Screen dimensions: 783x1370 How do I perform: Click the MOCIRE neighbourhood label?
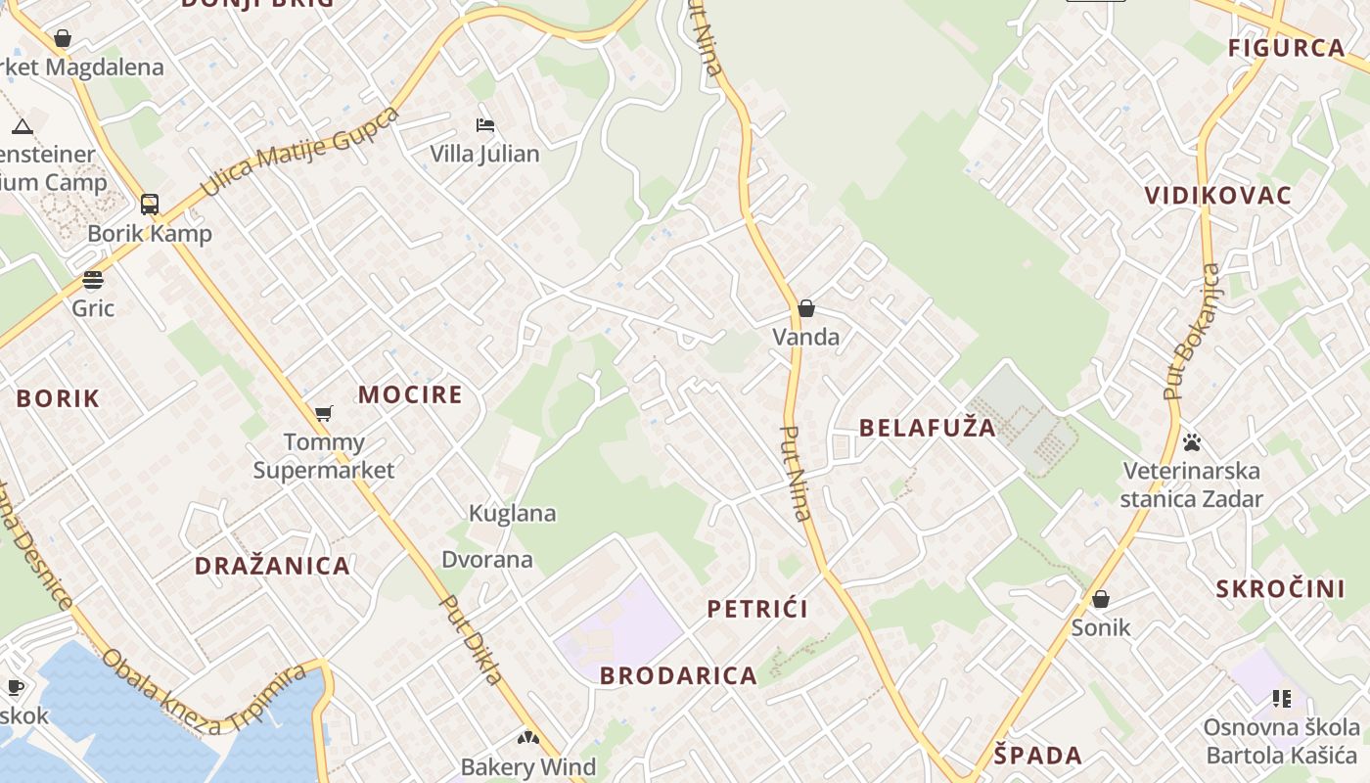coord(410,394)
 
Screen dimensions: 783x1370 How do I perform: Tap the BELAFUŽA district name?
coord(927,428)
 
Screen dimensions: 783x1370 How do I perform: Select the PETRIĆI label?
coord(757,609)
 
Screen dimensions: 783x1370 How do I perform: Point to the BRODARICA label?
coord(678,675)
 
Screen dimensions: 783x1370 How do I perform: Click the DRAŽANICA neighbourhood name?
coord(272,566)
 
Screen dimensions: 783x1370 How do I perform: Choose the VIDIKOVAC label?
coord(1218,195)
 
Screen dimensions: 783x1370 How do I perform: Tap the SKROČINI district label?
coord(1280,588)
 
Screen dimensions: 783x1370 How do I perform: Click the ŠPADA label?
coord(1038,755)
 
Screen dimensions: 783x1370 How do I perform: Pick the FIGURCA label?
coord(1287,48)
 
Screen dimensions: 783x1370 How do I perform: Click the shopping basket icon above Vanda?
coord(806,308)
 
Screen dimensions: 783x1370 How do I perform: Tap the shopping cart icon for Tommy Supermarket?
coord(324,413)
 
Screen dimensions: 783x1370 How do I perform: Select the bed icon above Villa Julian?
coord(484,125)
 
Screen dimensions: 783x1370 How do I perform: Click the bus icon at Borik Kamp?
coord(150,205)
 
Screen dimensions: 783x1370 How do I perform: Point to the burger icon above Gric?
coord(93,280)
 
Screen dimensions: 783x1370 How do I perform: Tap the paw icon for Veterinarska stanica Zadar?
coord(1192,442)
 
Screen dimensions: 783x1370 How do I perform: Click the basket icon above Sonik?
coord(1101,598)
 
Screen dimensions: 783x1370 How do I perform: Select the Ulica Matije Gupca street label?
coord(299,152)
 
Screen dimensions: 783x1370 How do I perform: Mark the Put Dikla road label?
coord(472,639)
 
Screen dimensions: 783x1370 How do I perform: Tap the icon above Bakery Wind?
coord(528,738)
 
